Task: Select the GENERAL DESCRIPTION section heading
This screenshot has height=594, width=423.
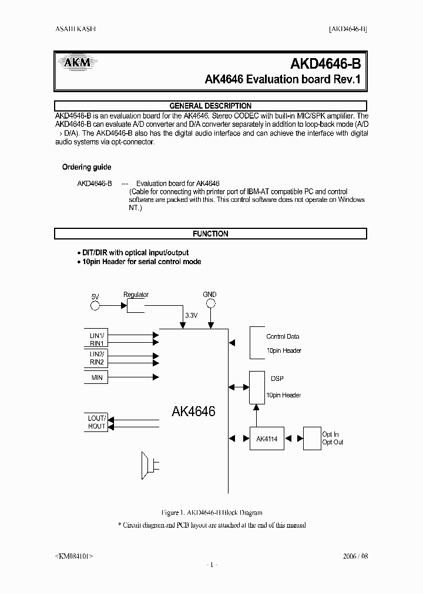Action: click(x=210, y=106)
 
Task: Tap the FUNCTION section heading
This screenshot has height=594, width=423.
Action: click(x=210, y=234)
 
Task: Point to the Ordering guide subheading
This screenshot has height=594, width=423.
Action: click(x=86, y=167)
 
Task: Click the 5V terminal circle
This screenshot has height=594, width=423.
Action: click(x=95, y=305)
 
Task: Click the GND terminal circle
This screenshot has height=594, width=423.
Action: click(x=210, y=303)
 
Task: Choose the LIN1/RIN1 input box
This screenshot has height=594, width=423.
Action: click(x=97, y=339)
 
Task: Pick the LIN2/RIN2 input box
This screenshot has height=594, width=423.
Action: click(x=97, y=358)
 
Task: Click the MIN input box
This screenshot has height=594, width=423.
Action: click(x=97, y=377)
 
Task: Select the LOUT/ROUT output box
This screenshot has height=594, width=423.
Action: click(x=97, y=422)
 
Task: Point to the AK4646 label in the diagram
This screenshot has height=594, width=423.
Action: click(x=193, y=411)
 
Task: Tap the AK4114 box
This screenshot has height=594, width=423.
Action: click(x=266, y=438)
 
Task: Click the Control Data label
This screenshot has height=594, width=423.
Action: click(x=283, y=336)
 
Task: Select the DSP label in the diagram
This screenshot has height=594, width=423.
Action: click(x=277, y=379)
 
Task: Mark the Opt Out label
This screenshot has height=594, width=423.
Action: click(x=333, y=442)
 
